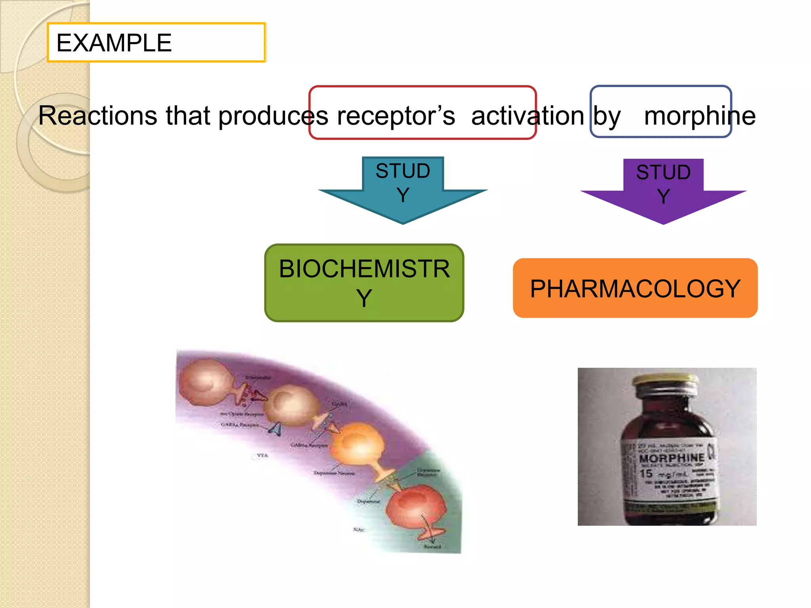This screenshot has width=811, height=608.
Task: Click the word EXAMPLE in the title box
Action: click(x=114, y=43)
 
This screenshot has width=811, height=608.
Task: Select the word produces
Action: click(x=273, y=116)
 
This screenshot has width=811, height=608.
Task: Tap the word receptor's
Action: click(x=396, y=116)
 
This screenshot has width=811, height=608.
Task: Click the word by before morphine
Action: click(x=607, y=116)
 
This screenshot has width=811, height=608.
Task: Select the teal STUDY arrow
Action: click(x=403, y=190)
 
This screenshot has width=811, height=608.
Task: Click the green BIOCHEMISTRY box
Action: click(x=364, y=283)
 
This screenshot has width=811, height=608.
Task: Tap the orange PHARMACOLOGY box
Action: click(x=635, y=288)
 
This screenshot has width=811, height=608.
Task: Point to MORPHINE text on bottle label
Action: click(x=672, y=458)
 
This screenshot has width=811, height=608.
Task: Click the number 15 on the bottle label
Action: click(x=646, y=473)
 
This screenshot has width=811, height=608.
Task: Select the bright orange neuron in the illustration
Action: click(x=358, y=443)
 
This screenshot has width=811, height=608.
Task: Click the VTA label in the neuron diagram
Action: click(x=262, y=456)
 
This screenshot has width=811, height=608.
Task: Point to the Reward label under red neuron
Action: click(x=432, y=547)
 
